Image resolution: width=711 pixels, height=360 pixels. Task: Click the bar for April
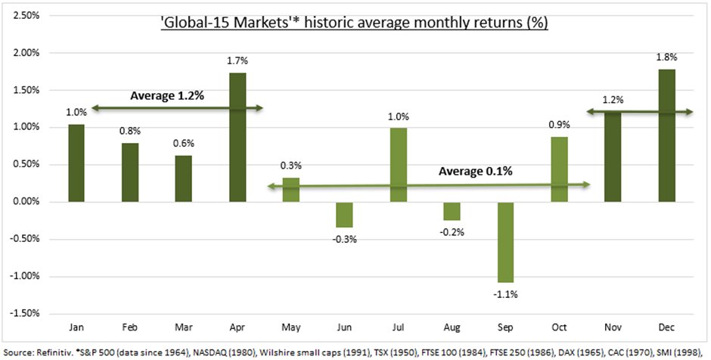237,137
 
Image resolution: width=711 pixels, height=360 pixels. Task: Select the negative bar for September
506,241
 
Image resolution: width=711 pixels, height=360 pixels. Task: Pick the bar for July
399,164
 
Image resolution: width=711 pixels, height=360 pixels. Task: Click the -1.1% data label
506,294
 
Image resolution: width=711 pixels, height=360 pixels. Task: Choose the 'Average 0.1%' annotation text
476,171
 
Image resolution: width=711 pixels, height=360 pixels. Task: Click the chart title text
354,23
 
